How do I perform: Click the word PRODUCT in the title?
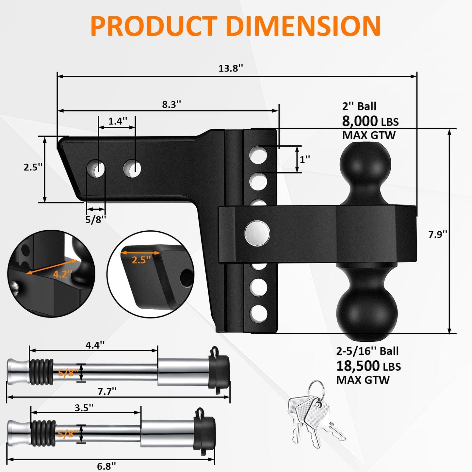tap(154, 26)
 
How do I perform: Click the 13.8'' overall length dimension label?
tap(231, 68)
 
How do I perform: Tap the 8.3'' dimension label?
tap(171, 105)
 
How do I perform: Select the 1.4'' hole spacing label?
tap(118, 121)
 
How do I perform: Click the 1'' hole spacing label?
tap(305, 159)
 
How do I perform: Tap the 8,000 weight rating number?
tap(360, 121)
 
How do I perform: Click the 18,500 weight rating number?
tap(358, 366)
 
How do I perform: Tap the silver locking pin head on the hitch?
tap(257, 233)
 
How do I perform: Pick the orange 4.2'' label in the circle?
tap(62, 274)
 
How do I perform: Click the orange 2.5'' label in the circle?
tap(141, 260)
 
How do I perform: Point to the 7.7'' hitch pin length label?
tap(107, 391)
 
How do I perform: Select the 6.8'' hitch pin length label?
tap(106, 466)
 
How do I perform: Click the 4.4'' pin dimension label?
tap(95, 345)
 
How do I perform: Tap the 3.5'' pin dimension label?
tap(84, 408)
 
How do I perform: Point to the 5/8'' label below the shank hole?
tap(95, 220)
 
